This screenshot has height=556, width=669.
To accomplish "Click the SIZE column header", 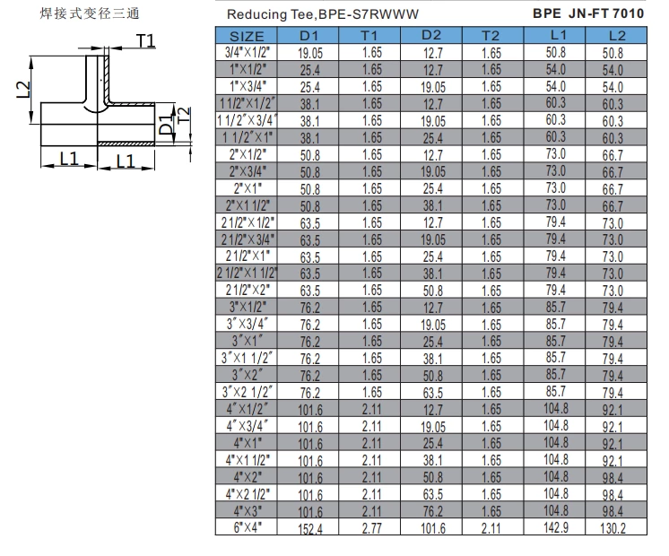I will [x=247, y=36].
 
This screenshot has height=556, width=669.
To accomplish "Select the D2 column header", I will [x=431, y=35].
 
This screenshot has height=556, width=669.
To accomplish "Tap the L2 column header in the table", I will [x=616, y=35].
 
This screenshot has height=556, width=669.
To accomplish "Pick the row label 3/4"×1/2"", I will [x=247, y=53].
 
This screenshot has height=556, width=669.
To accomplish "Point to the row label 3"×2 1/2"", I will [x=247, y=392].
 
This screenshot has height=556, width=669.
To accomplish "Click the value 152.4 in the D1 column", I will [x=310, y=528].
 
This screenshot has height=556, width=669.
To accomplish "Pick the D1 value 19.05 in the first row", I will [x=310, y=53].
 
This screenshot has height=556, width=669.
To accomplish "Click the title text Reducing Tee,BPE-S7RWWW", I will [x=309, y=14].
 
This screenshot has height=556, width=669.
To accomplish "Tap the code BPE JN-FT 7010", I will [x=587, y=13].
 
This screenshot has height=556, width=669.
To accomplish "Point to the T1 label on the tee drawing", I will [x=146, y=40].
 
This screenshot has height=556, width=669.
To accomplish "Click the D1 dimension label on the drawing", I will [x=165, y=126].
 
